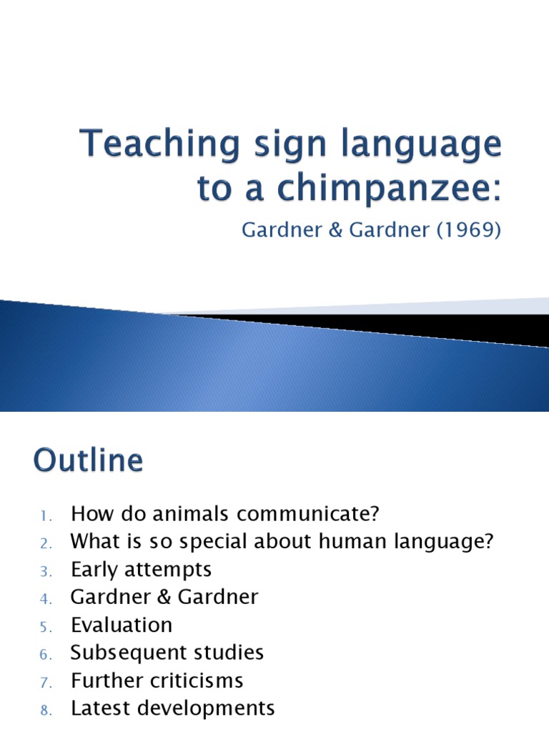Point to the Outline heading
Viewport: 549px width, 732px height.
(88, 460)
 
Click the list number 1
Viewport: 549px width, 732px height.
(43, 515)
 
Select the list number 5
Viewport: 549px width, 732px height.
(43, 627)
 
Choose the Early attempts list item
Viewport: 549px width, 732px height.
(141, 570)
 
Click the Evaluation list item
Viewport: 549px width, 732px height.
(122, 625)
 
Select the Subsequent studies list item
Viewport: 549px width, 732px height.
(167, 653)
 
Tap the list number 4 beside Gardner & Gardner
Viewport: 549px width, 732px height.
(43, 599)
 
